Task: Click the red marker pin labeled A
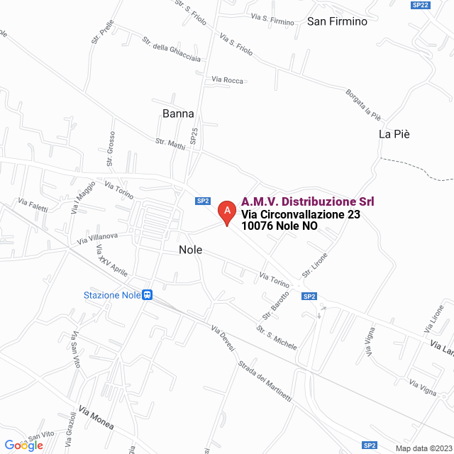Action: (x=226, y=211)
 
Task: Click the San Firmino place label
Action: (x=337, y=21)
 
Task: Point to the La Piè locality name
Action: (x=394, y=134)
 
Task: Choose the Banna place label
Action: (x=178, y=113)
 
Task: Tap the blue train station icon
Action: (x=148, y=295)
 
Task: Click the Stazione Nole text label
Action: (x=112, y=295)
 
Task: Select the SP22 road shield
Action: (x=421, y=5)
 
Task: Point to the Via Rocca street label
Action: (x=228, y=79)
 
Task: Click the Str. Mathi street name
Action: (x=170, y=143)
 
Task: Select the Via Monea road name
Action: (x=96, y=421)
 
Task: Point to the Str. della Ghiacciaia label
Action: (x=171, y=49)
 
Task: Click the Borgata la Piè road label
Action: (x=363, y=105)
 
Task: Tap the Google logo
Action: (x=23, y=445)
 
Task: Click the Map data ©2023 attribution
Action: (x=423, y=448)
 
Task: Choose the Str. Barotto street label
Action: (x=276, y=304)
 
